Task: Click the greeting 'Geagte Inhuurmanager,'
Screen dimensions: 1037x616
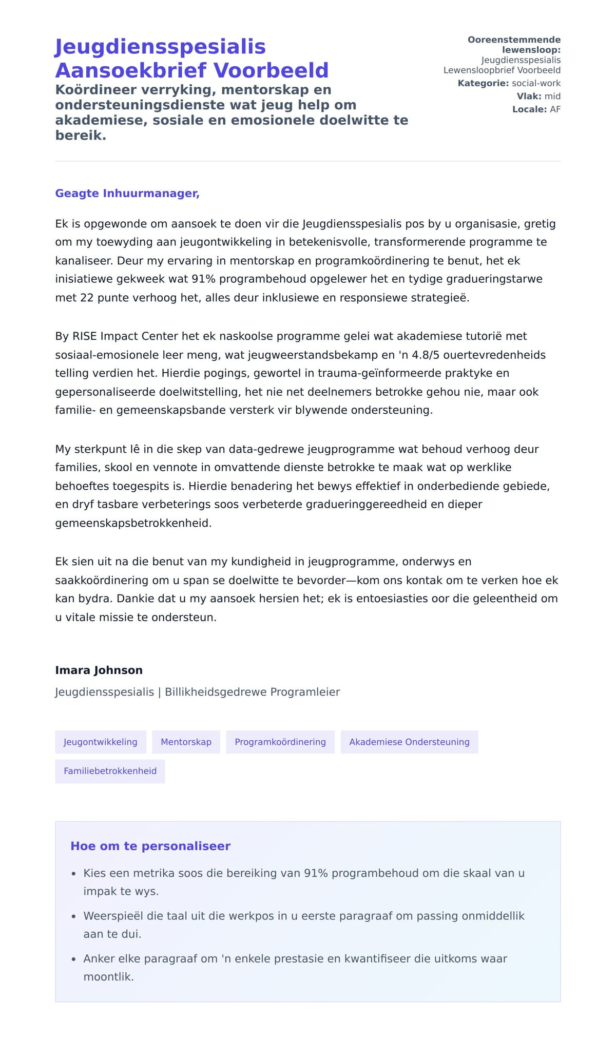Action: coord(127,194)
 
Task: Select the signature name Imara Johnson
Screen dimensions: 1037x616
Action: coord(99,670)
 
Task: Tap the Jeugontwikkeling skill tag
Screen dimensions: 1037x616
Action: coord(101,742)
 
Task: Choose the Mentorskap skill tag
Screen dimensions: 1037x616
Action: coord(186,742)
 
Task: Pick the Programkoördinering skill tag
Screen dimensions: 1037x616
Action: coord(280,742)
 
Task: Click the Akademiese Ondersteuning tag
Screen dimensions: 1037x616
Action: coord(409,742)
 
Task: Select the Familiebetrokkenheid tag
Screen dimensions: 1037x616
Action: coord(110,771)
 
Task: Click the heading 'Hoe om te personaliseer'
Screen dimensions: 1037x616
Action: coord(150,846)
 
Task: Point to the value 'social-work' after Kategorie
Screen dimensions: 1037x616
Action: coord(536,83)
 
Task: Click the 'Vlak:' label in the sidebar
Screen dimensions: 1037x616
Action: coord(529,96)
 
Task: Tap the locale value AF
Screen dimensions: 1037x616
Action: coord(555,109)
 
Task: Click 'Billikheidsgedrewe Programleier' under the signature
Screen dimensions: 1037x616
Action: coord(252,692)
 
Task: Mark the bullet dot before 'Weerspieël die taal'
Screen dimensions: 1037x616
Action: coord(73,916)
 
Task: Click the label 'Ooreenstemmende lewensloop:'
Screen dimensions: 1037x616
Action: coord(514,45)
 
